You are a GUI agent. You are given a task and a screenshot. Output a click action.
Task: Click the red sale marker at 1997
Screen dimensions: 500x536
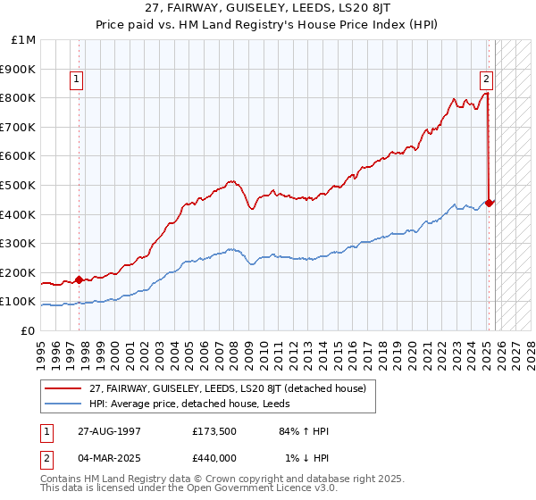[79, 279]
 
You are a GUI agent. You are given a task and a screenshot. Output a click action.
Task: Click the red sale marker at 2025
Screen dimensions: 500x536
[490, 202]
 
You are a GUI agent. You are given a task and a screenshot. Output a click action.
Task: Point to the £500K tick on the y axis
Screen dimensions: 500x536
[20, 185]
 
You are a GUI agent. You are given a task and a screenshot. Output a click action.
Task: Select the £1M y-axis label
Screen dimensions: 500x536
[23, 39]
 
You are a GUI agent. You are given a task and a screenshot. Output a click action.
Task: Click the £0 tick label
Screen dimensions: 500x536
[29, 330]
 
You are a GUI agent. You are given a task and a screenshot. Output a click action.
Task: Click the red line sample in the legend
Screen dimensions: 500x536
[63, 389]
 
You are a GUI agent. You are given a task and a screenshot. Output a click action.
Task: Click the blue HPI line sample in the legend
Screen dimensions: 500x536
[63, 404]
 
